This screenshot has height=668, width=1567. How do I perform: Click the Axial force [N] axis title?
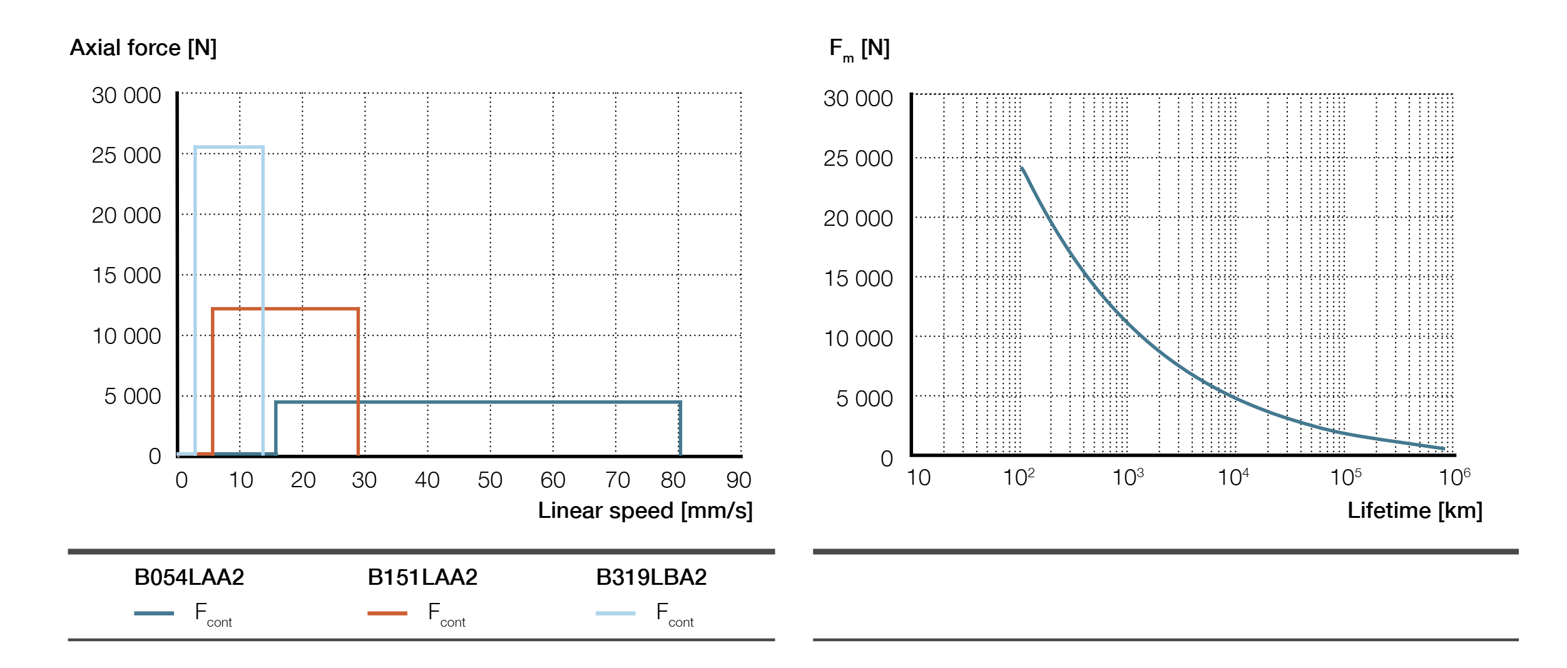(x=143, y=48)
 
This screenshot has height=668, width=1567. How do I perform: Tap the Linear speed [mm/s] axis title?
(x=645, y=511)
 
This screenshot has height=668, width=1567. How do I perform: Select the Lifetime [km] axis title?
(x=1414, y=511)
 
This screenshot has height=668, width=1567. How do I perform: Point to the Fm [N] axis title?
(x=859, y=49)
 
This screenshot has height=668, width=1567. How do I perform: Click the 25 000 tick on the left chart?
(x=126, y=156)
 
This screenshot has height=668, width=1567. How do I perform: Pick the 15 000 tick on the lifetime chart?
(x=858, y=279)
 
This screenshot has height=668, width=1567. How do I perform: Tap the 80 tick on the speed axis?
(x=673, y=480)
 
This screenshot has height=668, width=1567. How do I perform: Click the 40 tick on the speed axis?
(x=427, y=480)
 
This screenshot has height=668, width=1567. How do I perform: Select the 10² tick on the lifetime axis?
(x=1018, y=478)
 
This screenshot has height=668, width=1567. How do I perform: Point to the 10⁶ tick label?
(x=1454, y=478)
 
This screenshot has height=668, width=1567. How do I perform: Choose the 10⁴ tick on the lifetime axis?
(x=1232, y=478)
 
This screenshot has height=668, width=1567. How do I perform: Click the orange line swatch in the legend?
(x=387, y=614)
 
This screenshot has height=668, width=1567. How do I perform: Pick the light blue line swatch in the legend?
(x=615, y=614)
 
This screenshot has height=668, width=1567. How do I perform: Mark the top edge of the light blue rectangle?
(x=229, y=148)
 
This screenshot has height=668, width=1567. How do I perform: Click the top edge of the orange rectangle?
(x=285, y=309)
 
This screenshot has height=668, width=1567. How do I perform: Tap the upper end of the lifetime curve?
(x=1022, y=168)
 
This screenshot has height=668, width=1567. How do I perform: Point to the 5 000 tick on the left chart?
(x=132, y=397)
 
